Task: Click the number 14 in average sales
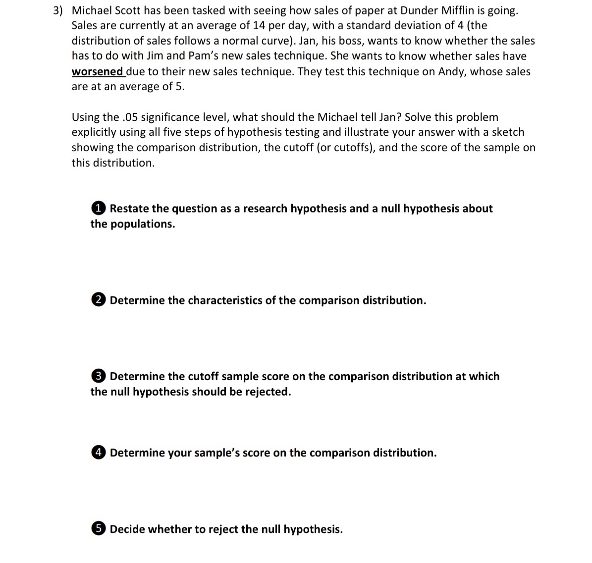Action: (x=259, y=26)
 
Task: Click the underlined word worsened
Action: (x=97, y=71)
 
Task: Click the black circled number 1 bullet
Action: (x=99, y=208)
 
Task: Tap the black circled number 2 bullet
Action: (x=99, y=300)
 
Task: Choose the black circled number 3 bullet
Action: (x=99, y=376)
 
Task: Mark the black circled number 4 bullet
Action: (x=99, y=452)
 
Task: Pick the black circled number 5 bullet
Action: (x=99, y=529)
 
